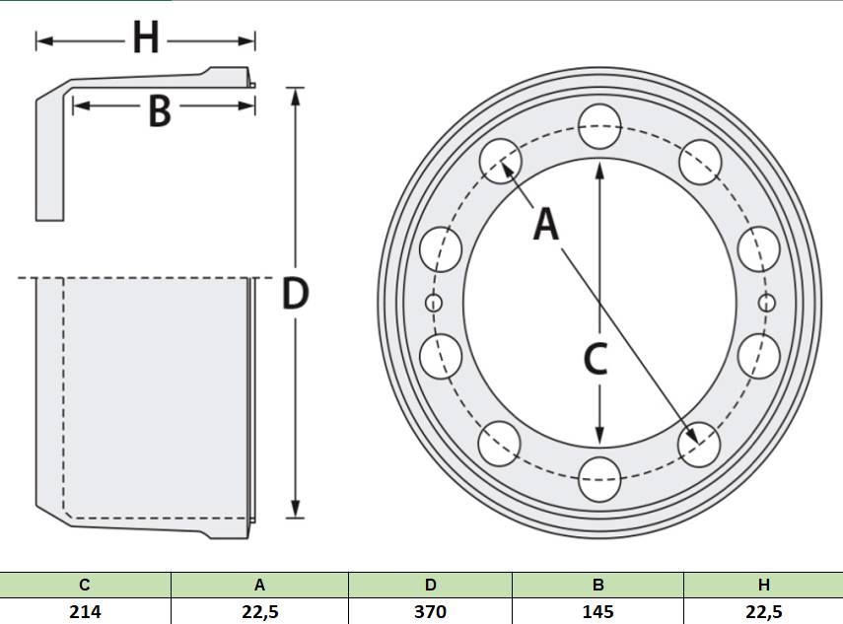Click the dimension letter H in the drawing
click(x=146, y=37)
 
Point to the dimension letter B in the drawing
click(x=160, y=111)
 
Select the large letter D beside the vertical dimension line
click(x=295, y=294)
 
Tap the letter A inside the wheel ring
click(x=546, y=224)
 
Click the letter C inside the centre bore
click(x=596, y=359)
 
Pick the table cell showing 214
click(x=85, y=611)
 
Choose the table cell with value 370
click(x=430, y=611)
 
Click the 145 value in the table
click(x=597, y=611)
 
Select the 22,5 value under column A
click(x=259, y=611)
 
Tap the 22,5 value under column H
click(x=763, y=611)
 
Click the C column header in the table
click(x=85, y=585)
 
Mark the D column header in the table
click(x=430, y=585)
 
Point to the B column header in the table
click(x=597, y=585)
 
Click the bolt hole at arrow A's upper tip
click(x=501, y=161)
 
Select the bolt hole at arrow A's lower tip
click(x=699, y=445)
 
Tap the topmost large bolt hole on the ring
click(x=600, y=126)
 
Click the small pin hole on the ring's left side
click(x=434, y=304)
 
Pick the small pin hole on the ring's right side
click(x=767, y=304)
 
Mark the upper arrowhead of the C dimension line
click(x=600, y=171)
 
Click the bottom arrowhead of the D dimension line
click(x=295, y=509)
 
